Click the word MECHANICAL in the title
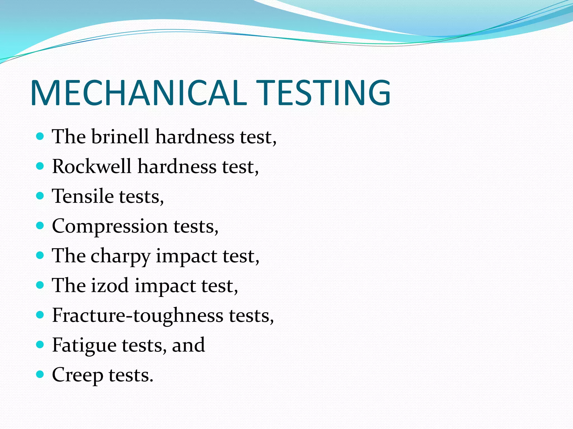138,93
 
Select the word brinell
120,137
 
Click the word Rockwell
91,167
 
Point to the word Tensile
83,196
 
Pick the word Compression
110,227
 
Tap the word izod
110,286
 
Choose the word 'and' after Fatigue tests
188,345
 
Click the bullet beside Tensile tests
40,196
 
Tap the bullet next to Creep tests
40,374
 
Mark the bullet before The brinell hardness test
40,136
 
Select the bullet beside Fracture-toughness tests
40,315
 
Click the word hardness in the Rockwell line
177,167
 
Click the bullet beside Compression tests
40,225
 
